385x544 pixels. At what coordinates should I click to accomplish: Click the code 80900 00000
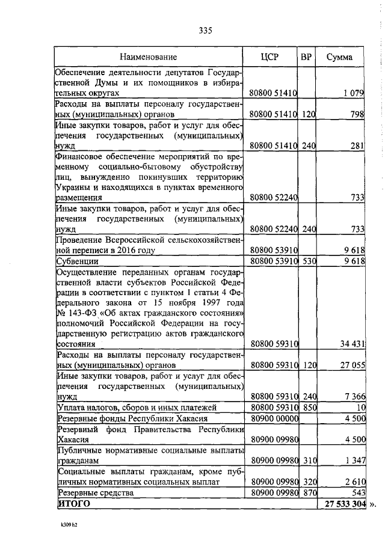click(274, 418)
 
